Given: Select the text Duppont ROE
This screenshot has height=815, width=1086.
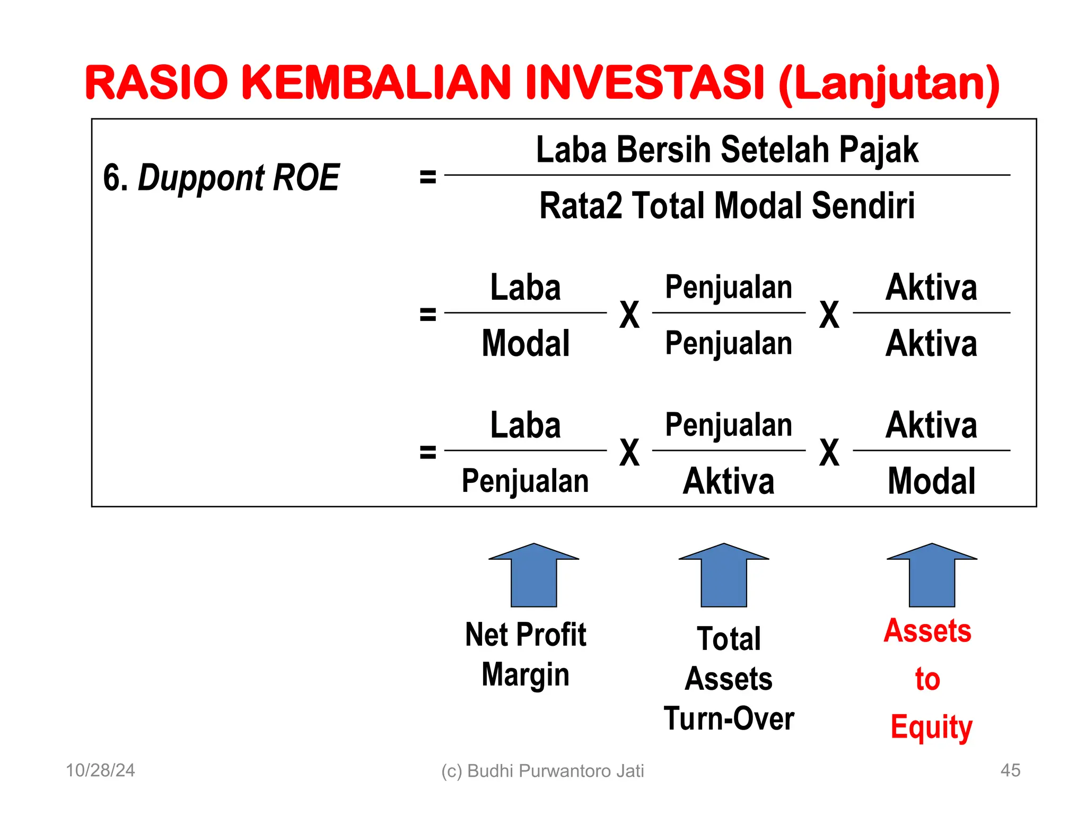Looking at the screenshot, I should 238,178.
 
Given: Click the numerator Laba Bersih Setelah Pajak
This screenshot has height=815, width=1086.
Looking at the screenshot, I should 727,150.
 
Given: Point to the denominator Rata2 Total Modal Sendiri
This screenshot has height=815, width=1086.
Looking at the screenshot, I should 727,206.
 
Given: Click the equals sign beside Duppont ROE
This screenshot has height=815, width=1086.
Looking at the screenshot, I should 427,177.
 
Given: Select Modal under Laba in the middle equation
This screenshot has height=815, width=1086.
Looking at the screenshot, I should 526,343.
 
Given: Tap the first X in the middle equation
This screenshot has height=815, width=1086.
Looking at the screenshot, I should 629,315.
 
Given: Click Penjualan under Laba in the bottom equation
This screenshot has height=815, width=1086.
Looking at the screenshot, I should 525,481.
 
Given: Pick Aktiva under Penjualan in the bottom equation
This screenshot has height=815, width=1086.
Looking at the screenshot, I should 729,481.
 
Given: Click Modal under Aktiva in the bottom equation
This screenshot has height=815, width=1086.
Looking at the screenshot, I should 931,481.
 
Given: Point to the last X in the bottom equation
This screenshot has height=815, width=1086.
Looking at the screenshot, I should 829,453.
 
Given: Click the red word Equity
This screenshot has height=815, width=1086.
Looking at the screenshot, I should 931,727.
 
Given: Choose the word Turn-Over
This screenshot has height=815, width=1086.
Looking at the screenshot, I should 729,719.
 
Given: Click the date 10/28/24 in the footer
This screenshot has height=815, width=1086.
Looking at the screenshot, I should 100,770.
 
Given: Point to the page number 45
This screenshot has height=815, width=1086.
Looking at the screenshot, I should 1010,770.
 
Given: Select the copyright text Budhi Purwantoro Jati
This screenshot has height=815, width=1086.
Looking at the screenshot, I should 555,771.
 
